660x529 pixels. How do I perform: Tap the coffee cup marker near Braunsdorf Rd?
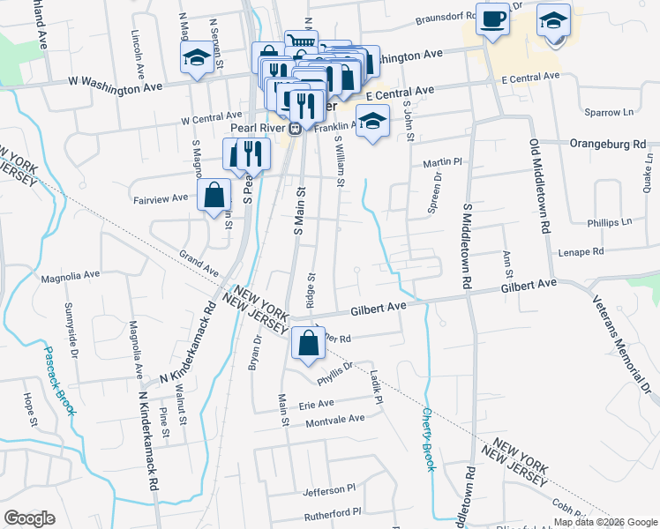click(x=492, y=19)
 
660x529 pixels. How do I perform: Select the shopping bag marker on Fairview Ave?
click(x=215, y=196)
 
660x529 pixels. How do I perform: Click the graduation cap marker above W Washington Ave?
click(x=195, y=60)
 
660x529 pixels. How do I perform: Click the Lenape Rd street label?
click(x=580, y=251)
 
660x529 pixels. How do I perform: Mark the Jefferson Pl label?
click(x=328, y=488)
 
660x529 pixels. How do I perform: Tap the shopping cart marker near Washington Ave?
click(x=301, y=41)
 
